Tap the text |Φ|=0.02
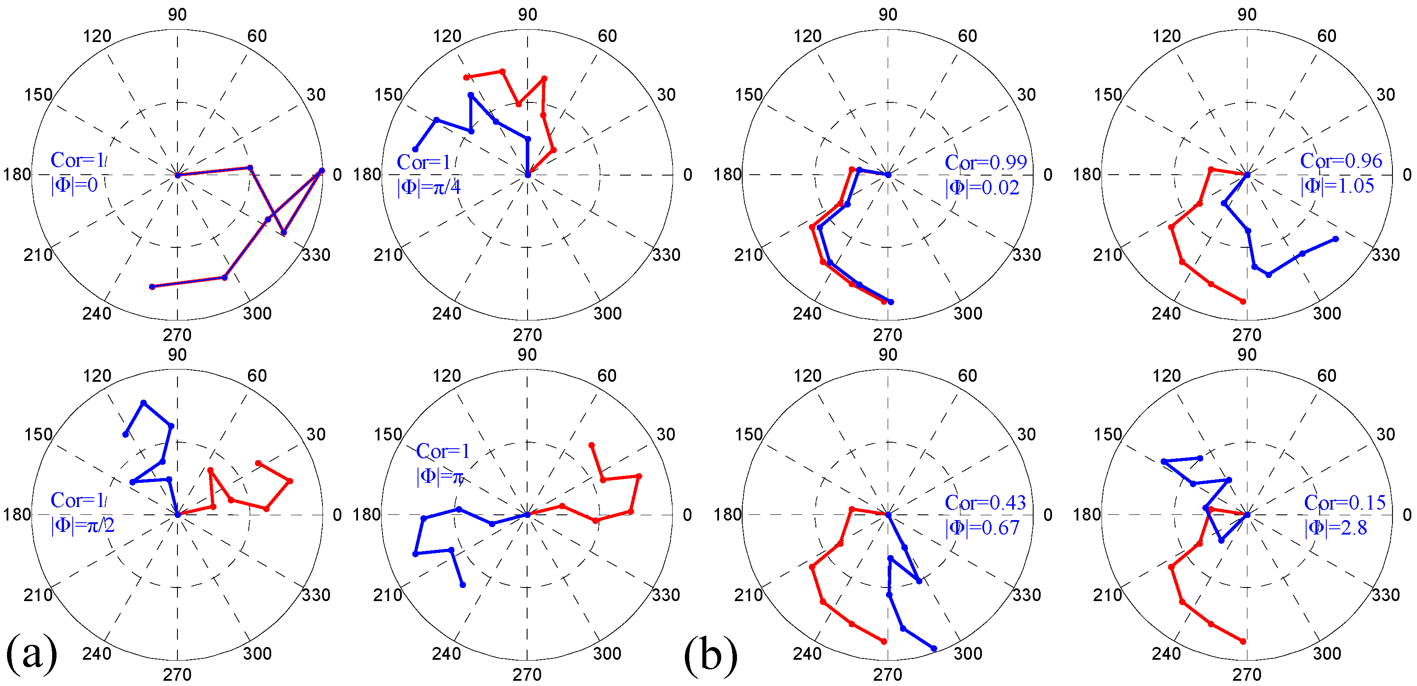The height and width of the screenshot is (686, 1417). point(982,187)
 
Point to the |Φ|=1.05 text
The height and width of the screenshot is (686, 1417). point(1337,186)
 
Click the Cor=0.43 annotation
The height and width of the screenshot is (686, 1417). point(985,503)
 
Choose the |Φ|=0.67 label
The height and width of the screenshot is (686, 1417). point(982,528)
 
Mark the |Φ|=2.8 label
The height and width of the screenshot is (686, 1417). point(1335,528)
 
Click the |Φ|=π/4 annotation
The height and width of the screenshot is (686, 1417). point(429,187)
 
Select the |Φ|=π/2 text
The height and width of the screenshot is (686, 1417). point(82,525)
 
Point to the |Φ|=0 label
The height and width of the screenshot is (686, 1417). point(74,185)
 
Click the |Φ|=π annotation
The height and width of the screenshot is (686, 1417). point(440,476)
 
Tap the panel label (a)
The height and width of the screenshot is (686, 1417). point(32,654)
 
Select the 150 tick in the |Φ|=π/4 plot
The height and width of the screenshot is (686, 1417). point(388,95)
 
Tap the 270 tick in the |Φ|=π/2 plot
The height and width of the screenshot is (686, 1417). point(177,675)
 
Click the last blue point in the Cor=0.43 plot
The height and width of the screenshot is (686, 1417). point(934,649)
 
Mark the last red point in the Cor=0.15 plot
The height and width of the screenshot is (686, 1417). point(1243,641)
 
